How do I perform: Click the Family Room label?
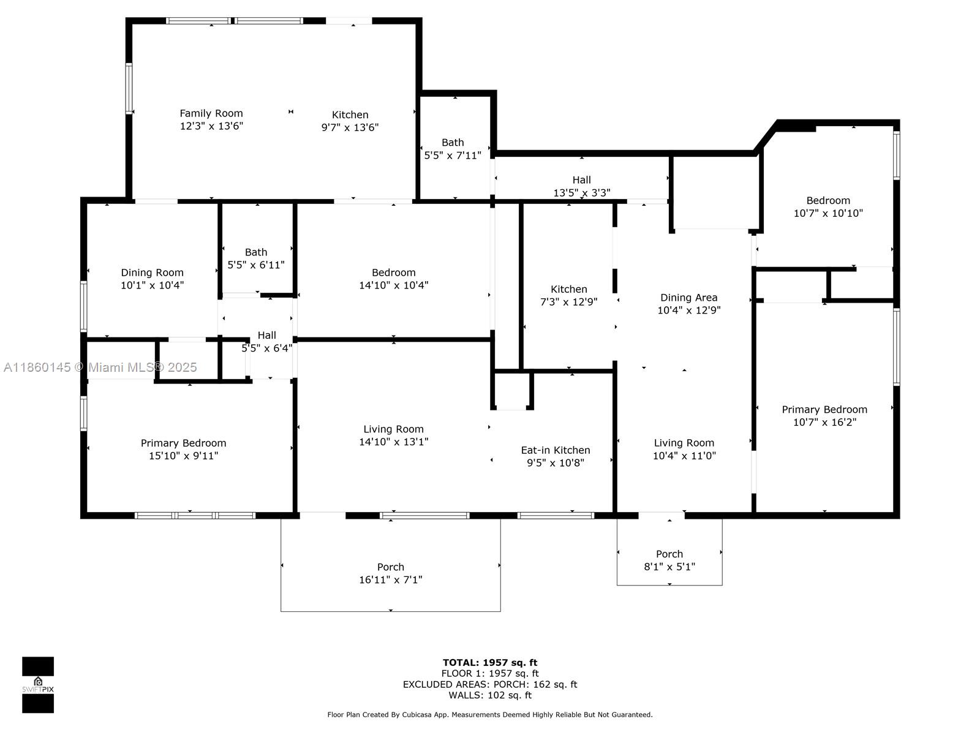coord(211,113)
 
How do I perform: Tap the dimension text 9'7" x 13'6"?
coord(350,127)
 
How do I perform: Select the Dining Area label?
coord(689,298)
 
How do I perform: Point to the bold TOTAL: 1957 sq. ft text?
coord(490,663)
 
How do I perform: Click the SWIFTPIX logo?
coord(38,685)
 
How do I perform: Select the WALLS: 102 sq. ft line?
coord(490,695)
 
